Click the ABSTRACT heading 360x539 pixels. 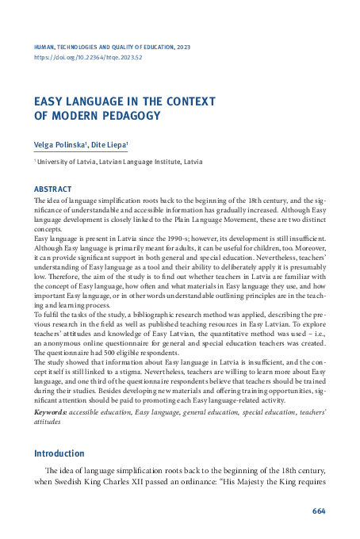52,189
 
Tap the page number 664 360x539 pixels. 319,510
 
